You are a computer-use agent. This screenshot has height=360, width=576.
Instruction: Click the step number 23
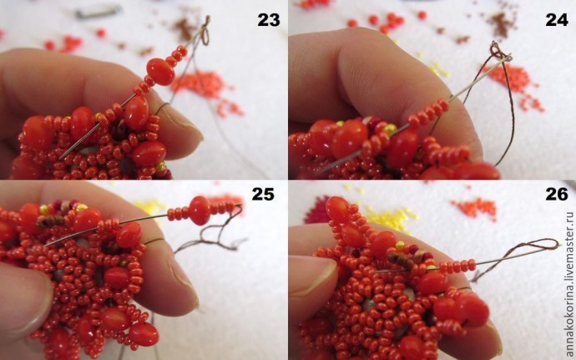point(269,20)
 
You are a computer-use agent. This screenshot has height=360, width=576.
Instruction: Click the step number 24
point(557,20)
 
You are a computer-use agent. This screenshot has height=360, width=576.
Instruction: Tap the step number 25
point(263,194)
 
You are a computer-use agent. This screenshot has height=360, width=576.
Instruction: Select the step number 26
point(557,194)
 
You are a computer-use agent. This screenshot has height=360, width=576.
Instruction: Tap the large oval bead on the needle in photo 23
point(160,71)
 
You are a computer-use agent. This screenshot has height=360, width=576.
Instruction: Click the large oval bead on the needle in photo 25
point(200,210)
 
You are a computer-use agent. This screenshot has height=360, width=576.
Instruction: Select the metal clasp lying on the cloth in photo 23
point(98,12)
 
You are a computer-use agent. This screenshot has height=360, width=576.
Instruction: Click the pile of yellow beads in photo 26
point(389,217)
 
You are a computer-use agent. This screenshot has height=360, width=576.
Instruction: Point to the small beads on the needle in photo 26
point(457,266)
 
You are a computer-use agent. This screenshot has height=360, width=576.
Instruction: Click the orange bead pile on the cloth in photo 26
point(474,208)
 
